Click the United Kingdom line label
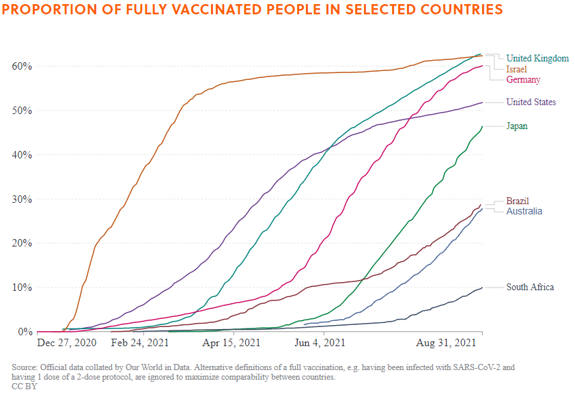click(x=537, y=59)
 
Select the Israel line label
click(x=516, y=70)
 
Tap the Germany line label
click(x=523, y=80)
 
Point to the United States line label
click(x=531, y=102)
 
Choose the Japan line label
click(x=517, y=126)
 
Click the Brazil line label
click(x=518, y=201)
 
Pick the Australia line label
click(x=524, y=212)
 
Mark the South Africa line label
click(x=530, y=287)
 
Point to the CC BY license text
click(x=25, y=386)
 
